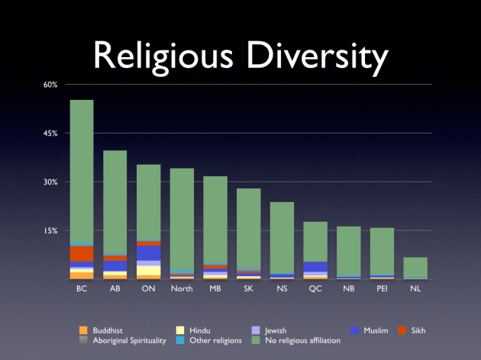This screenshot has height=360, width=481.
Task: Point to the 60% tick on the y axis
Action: click(50, 85)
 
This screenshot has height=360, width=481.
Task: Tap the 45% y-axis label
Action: click(50, 133)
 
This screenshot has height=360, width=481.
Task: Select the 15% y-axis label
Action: click(50, 230)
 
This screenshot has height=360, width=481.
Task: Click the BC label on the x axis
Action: click(82, 289)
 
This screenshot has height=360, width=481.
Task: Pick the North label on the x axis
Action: click(182, 289)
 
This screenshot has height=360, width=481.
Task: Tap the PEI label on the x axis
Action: click(382, 289)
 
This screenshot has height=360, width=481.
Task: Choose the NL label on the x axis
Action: click(415, 289)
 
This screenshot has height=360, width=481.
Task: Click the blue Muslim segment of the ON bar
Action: click(148, 252)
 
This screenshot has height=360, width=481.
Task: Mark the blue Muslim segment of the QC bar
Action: click(315, 267)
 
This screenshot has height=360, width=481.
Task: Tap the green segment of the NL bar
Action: click(415, 268)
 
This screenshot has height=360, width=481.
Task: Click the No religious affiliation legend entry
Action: click(302, 341)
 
